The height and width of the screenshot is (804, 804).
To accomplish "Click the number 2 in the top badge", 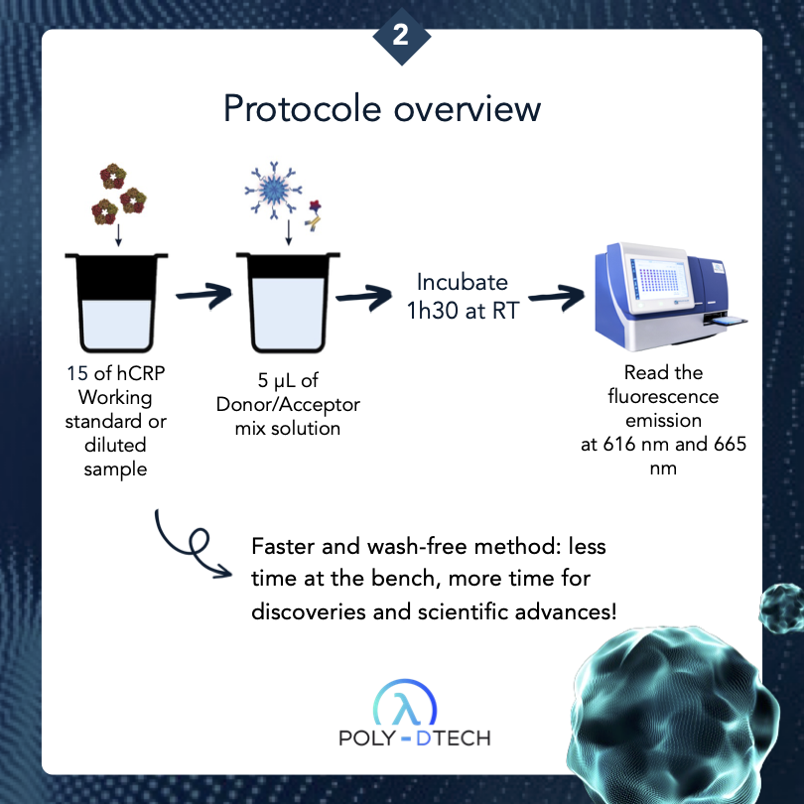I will click(x=401, y=36).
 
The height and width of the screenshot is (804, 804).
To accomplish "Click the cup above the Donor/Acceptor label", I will click(x=285, y=304).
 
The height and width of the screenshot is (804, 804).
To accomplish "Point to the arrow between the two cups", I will click(x=199, y=296).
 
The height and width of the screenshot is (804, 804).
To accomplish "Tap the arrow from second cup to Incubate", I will click(x=362, y=296).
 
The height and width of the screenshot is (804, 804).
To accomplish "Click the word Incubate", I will click(x=462, y=281).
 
